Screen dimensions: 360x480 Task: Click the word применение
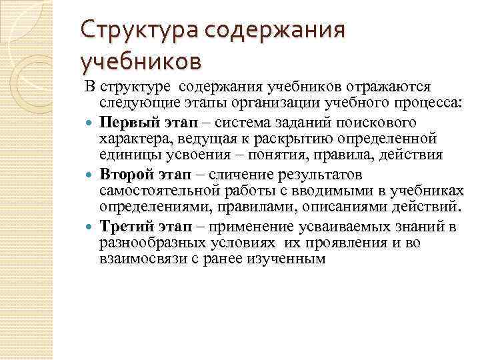coord(260,227)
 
